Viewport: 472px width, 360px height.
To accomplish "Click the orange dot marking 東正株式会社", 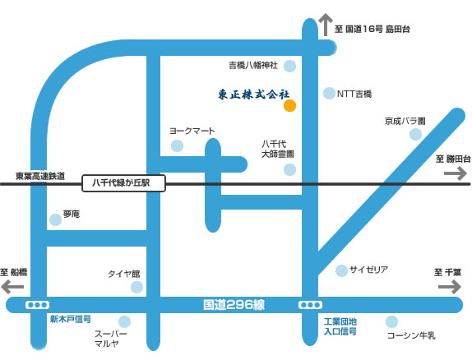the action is (290, 106).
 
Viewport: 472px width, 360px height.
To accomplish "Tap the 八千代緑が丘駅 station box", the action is (123, 183).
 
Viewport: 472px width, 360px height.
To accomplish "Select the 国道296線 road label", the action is (234, 305).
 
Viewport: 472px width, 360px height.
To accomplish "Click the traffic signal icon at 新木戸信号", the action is (37, 305).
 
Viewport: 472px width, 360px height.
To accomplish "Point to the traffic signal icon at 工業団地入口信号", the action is (310, 305).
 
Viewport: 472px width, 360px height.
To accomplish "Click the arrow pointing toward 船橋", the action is (12, 287).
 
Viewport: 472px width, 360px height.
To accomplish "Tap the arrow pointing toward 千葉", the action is (450, 287).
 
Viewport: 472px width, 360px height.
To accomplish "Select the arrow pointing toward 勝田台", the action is (456, 173).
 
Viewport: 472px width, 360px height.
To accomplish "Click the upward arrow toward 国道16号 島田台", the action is (326, 25).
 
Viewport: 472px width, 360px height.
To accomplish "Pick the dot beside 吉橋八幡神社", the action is (290, 66).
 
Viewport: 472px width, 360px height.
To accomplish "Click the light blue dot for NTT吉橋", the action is (329, 94).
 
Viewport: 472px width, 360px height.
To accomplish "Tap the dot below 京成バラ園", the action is (415, 134).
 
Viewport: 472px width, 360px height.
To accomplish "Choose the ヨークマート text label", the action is (192, 131).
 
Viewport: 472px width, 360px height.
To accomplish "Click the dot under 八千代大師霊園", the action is (289, 169).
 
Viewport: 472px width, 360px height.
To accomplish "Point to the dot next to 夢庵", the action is (55, 219).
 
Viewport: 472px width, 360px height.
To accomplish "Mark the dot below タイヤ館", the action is (137, 287).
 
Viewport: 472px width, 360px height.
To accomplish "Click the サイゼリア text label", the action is (368, 270).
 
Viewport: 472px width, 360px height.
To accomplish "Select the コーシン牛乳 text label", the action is (411, 335).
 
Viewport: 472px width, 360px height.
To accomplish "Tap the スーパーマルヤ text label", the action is (111, 339).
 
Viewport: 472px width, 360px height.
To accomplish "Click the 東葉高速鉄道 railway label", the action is (40, 176).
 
